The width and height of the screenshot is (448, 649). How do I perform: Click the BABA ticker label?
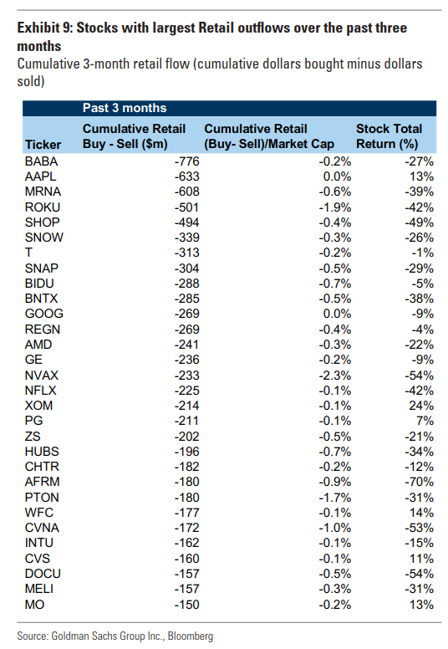click(41, 161)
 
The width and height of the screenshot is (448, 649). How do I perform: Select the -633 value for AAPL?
click(186, 176)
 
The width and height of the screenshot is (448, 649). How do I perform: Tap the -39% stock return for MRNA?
click(419, 192)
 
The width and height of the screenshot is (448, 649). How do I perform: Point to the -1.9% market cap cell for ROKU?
click(334, 207)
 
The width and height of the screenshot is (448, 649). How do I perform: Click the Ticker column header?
click(43, 145)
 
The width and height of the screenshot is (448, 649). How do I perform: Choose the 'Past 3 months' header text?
click(125, 108)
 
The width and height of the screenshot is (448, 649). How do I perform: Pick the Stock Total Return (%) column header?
click(389, 136)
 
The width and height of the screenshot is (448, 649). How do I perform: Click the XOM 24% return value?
click(421, 406)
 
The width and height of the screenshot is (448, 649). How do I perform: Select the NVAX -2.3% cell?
click(334, 376)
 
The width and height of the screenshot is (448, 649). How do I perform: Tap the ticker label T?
click(28, 253)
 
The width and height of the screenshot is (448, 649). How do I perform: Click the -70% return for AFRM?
click(419, 482)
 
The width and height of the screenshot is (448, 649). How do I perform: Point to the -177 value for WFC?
click(186, 513)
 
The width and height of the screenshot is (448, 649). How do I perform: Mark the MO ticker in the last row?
click(34, 605)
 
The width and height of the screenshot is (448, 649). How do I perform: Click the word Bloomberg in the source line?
click(191, 636)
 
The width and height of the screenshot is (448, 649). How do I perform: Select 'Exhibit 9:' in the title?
click(44, 28)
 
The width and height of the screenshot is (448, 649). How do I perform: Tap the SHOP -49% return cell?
click(419, 222)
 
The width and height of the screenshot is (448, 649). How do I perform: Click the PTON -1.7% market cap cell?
click(334, 498)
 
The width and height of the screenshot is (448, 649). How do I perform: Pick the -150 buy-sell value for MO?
click(186, 605)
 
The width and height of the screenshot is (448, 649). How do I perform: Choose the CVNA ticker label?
click(42, 528)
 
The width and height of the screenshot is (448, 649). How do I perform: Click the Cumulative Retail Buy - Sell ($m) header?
click(134, 136)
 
